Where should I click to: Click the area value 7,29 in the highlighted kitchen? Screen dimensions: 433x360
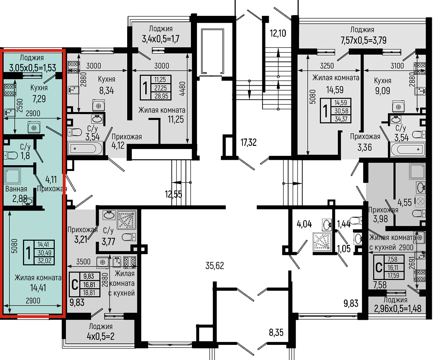(x=39, y=99)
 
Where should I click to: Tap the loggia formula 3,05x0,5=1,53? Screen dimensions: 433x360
(x=32, y=68)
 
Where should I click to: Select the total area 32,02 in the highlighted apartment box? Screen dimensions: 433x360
(x=44, y=261)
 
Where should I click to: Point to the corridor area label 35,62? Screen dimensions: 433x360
(x=215, y=266)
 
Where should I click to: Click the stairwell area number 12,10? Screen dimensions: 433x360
(x=278, y=33)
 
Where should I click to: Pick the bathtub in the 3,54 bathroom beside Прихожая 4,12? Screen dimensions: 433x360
(x=85, y=148)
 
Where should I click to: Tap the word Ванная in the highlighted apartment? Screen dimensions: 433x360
(x=16, y=189)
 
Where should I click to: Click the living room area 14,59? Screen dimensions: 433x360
(x=335, y=90)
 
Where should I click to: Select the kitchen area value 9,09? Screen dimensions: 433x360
(x=383, y=91)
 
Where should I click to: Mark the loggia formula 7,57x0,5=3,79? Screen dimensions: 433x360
(x=363, y=40)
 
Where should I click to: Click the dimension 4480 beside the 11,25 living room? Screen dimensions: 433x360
(x=182, y=89)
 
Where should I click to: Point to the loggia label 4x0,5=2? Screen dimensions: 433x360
(x=101, y=336)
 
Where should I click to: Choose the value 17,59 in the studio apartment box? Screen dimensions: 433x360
(x=393, y=275)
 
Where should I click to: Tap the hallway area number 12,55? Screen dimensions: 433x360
(x=173, y=194)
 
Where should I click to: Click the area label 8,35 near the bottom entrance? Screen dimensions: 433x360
(x=276, y=333)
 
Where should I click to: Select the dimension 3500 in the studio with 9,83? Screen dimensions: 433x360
(x=83, y=262)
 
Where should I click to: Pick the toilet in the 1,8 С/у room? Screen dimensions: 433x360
(x=10, y=155)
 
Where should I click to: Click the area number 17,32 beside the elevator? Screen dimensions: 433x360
(x=249, y=143)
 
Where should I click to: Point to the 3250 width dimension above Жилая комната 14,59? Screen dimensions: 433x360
(x=327, y=66)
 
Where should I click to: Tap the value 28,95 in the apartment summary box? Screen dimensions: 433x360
(x=161, y=96)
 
